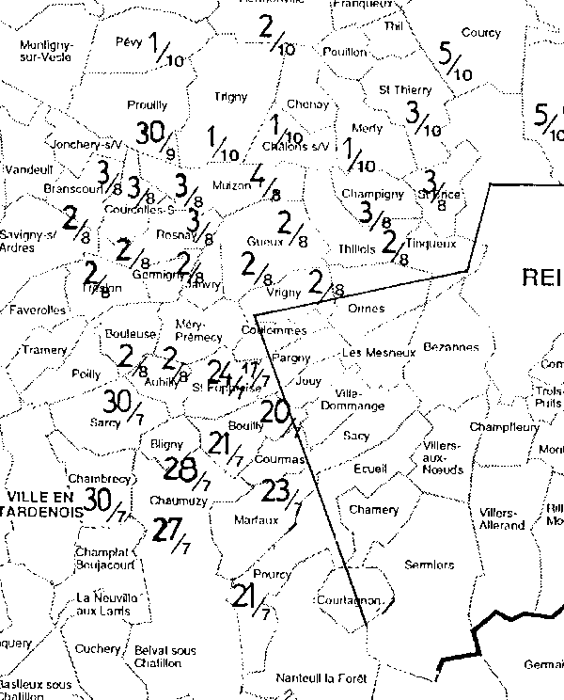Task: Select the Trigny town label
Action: pos(230,96)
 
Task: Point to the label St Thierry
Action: pos(404,90)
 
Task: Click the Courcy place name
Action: pos(481,33)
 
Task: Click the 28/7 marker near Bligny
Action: pos(188,469)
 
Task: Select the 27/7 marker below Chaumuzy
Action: pos(173,534)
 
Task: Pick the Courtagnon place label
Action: pos(350,599)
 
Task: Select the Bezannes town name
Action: pos(450,347)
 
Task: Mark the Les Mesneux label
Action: pos(378,353)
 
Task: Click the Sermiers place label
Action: pos(429,565)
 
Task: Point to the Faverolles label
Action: pos(38,309)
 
